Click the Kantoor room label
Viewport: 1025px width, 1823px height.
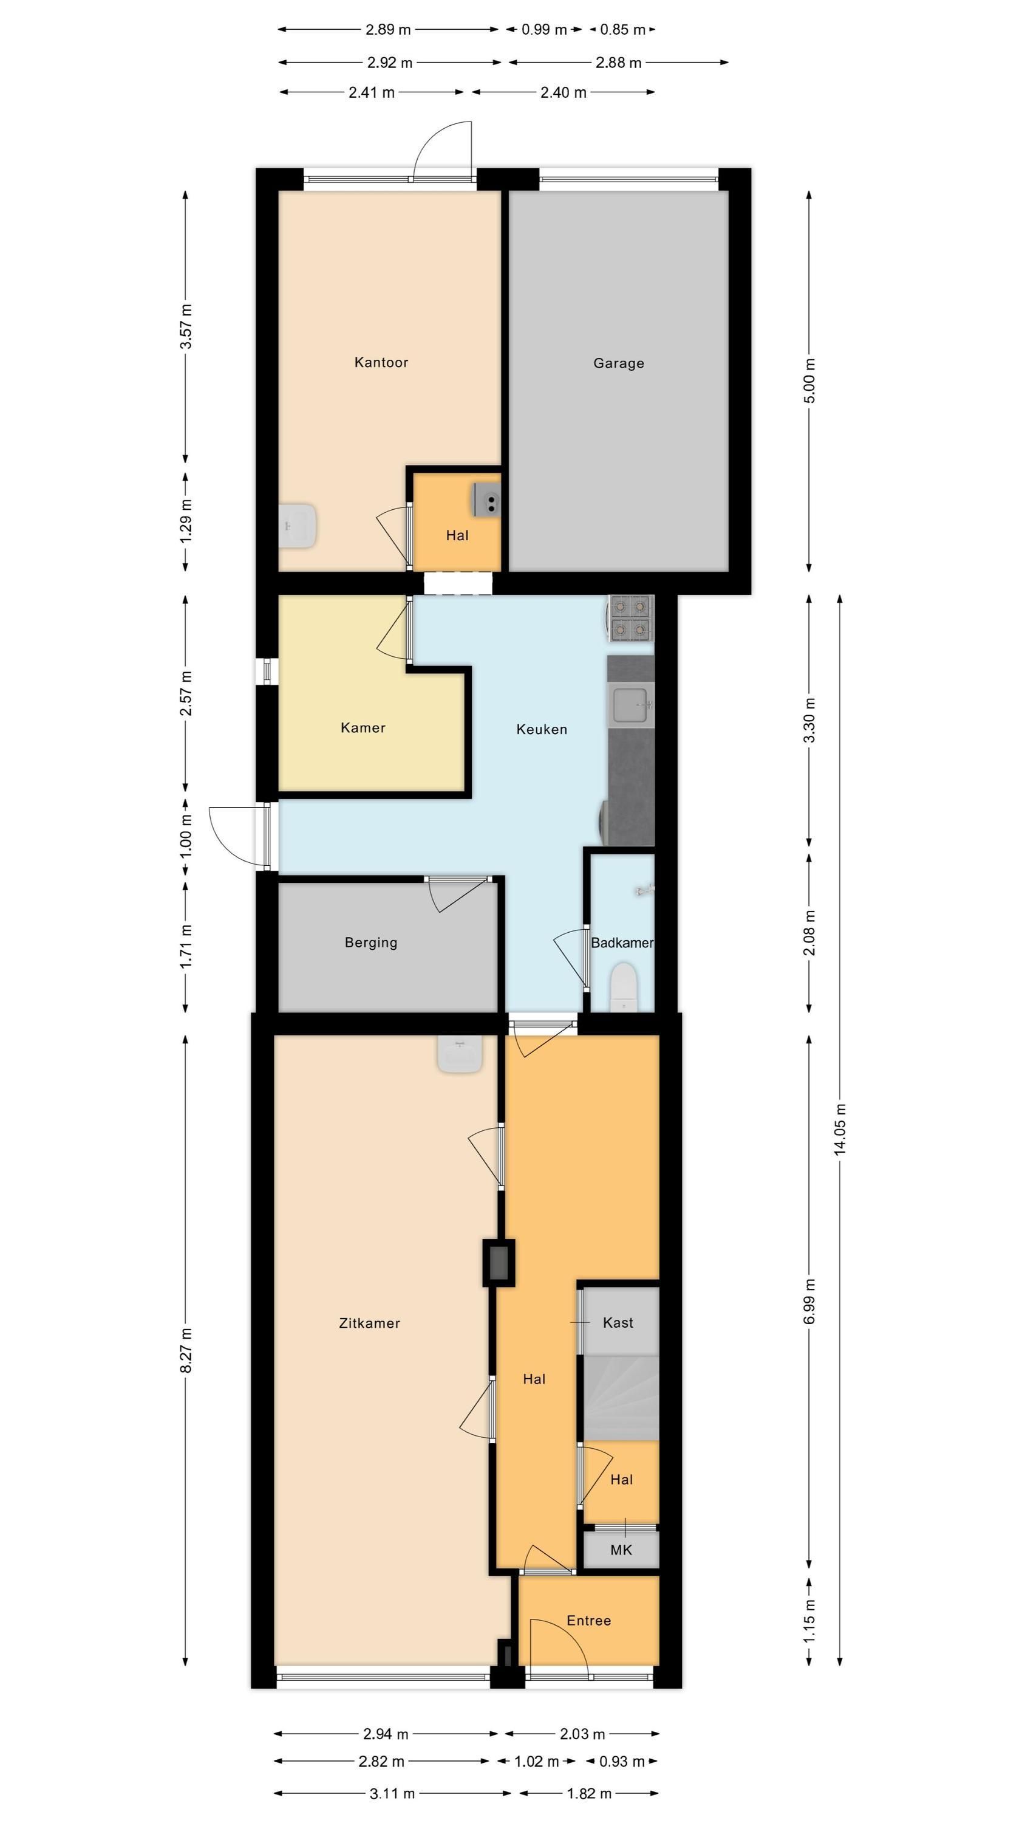[381, 362]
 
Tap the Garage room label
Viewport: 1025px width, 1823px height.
[619, 363]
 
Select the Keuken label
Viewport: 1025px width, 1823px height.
[542, 729]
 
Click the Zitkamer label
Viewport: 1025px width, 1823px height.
[370, 1323]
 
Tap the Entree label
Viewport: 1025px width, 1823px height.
[588, 1621]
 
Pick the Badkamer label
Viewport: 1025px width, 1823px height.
[622, 942]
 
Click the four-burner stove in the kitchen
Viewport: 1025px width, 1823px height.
[631, 619]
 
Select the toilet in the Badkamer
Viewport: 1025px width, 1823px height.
[624, 986]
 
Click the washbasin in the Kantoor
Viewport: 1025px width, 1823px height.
[297, 526]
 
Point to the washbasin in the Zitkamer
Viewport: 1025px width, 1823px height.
[460, 1054]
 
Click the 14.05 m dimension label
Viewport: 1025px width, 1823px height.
[840, 1130]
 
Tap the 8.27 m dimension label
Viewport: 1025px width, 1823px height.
[186, 1350]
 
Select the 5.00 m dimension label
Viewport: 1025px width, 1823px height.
[810, 381]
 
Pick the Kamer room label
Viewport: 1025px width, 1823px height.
[363, 727]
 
